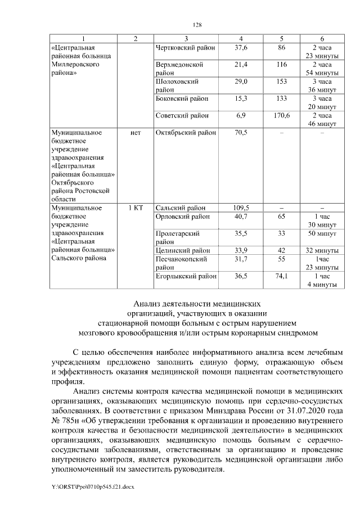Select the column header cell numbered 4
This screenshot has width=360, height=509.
(241, 38)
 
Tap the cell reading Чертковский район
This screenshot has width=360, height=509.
(181, 48)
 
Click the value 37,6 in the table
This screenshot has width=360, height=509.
(241, 48)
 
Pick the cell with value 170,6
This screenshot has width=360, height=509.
(282, 115)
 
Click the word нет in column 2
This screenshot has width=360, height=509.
(135, 133)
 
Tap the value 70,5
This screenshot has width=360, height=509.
(241, 133)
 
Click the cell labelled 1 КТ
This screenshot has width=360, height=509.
(135, 208)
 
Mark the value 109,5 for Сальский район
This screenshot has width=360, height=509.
(241, 208)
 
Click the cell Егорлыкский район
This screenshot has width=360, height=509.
(186, 276)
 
